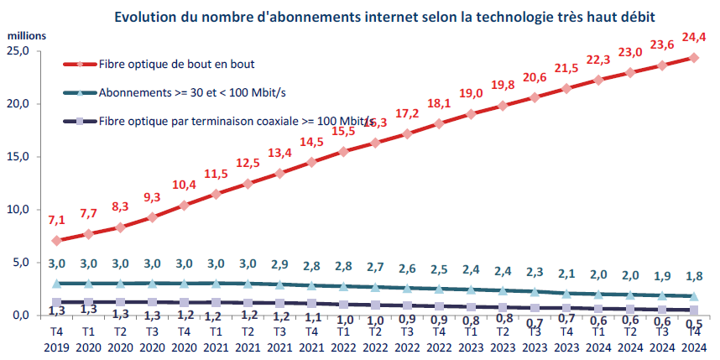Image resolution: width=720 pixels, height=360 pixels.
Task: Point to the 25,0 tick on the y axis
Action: coord(26,51)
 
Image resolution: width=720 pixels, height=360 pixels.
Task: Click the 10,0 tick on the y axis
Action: coord(26,210)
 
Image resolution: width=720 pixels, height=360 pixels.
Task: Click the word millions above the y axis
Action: coord(27,35)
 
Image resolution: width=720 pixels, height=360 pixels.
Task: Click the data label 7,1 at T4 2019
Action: coord(56,220)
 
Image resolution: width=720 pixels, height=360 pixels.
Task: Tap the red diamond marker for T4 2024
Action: coord(694,57)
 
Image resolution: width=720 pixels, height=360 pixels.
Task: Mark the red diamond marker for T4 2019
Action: coord(56,241)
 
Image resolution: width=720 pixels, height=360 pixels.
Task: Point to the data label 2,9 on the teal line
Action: coord(279,263)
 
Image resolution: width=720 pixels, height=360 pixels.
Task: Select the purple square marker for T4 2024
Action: coord(694,310)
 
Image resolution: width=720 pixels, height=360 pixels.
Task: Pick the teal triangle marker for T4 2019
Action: coord(56,284)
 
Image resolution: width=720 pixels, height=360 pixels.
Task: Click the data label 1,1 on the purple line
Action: coord(311,317)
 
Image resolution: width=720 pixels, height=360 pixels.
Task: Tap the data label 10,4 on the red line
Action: coord(184,185)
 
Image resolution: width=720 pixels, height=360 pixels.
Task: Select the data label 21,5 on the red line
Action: coord(566,67)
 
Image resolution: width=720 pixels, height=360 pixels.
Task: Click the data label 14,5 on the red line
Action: coord(311,142)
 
